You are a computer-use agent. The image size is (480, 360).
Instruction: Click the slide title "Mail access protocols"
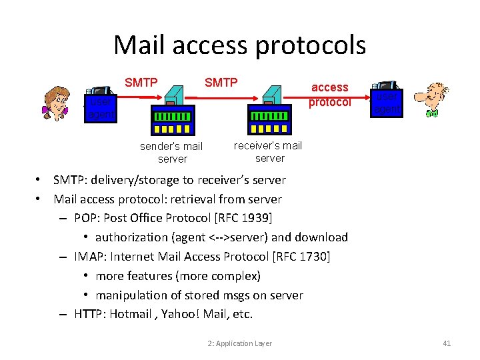point(239,45)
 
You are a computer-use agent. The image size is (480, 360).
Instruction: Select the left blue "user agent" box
point(100,108)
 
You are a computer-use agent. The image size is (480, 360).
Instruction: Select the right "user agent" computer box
point(387,101)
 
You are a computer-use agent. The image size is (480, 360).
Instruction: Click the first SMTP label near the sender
point(141,83)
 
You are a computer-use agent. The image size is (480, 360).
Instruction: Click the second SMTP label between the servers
point(221,83)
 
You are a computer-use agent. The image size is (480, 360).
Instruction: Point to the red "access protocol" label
point(329,94)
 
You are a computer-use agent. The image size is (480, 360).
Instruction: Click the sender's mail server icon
point(172,111)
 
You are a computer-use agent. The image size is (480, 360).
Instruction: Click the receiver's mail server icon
point(269,111)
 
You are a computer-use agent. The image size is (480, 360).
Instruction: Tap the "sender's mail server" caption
point(171,152)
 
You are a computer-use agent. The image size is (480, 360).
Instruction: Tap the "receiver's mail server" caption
point(269,151)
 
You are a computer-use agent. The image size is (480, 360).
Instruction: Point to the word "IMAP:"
point(90,257)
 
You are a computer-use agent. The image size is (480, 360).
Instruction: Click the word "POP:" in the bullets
point(87,218)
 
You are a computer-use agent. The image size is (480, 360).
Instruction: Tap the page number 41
point(447,343)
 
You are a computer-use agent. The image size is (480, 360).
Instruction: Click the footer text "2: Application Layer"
point(239,343)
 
